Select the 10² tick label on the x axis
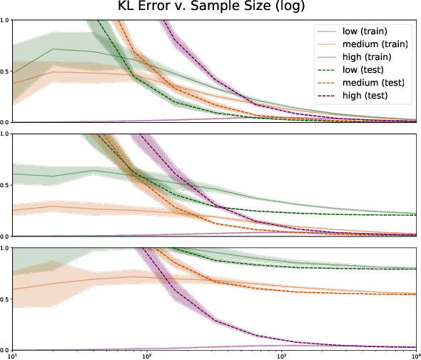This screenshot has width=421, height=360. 147,355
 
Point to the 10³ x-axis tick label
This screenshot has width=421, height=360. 282,355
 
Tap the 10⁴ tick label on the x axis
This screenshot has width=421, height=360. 415,355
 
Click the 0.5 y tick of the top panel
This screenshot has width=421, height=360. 6,71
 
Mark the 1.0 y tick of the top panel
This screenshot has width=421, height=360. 6,20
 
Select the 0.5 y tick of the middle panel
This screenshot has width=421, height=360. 6,185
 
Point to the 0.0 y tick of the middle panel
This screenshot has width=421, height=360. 6,236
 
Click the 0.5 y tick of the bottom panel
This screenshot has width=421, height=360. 6,299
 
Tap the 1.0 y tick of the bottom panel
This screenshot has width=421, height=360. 6,248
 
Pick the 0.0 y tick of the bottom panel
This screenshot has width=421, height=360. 6,349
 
